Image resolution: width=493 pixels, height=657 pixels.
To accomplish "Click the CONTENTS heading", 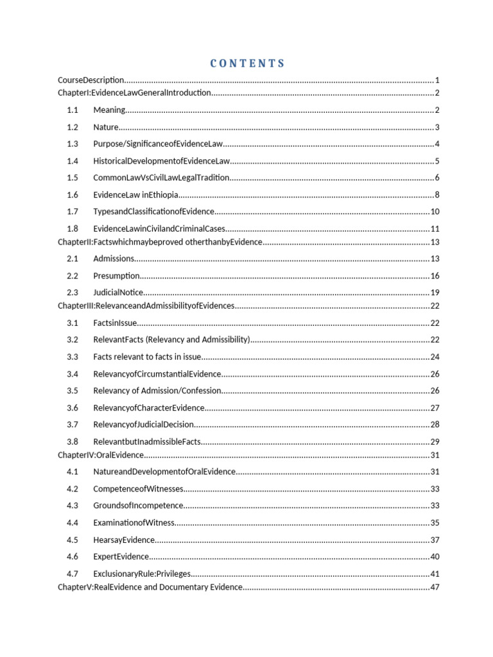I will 246,64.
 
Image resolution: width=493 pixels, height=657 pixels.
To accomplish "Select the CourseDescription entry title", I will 91,80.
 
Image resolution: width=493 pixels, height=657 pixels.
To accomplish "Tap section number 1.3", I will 73,144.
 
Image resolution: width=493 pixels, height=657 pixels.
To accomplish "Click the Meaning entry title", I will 109,110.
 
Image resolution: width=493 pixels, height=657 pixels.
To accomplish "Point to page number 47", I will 435,587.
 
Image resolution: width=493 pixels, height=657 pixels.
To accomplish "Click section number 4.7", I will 73,574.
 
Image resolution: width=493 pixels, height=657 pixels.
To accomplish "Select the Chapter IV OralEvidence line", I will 101,455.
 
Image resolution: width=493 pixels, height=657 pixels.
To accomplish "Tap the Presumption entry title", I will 116,276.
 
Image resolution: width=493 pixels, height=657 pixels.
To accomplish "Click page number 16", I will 435,276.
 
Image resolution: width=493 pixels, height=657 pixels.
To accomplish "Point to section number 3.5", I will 73,390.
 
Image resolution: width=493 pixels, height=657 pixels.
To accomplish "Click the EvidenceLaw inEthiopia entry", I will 135,195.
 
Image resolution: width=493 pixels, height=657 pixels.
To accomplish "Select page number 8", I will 437,195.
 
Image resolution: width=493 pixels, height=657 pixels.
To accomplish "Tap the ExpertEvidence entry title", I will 121,557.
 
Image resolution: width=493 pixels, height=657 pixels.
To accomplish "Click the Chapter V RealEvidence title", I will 150,587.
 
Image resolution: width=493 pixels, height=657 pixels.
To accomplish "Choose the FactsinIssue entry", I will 115,323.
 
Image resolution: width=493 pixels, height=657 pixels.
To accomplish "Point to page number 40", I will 435,557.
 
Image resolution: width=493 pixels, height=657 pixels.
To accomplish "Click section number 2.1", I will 73,259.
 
